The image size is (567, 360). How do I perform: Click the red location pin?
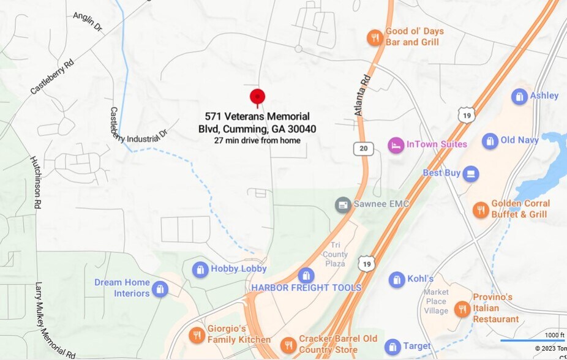point(257,97)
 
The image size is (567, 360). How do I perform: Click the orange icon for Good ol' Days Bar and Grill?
point(375,38)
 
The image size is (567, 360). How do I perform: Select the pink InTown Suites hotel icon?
point(396,145)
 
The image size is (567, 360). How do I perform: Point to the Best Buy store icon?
point(470,174)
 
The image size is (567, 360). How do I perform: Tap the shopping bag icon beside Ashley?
point(519,96)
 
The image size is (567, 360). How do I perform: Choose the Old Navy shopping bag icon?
point(490,141)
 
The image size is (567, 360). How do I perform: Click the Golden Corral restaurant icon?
point(481,210)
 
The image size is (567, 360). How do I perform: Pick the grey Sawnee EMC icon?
point(343,204)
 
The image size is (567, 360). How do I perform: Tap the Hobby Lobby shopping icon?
point(200,269)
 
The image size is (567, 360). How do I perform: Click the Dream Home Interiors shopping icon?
point(160,288)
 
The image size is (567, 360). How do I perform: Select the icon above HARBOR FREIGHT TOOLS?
point(306,276)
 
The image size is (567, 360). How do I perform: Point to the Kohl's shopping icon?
point(397,280)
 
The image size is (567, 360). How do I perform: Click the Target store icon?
point(392,347)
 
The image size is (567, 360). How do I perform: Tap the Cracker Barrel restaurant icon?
point(288,345)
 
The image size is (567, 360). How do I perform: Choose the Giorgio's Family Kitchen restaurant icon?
point(197,335)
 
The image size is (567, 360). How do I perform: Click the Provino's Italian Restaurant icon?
point(462,309)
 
